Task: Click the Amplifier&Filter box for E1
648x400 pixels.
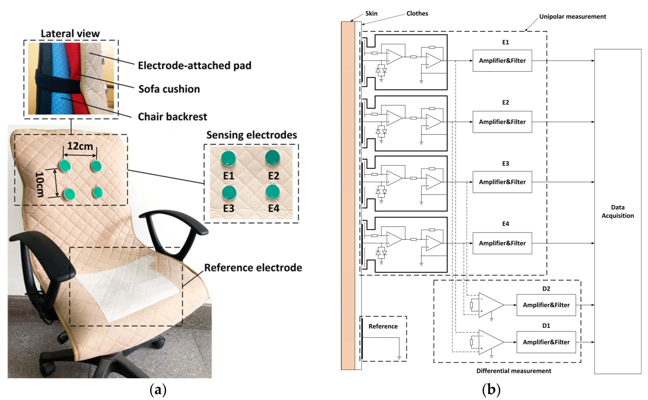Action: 502,61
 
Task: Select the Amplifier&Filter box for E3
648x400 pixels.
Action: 502,182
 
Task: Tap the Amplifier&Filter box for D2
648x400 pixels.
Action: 546,305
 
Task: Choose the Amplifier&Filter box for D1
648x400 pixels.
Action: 546,342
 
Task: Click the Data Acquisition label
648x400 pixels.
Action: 618,211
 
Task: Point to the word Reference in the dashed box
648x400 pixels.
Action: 383,326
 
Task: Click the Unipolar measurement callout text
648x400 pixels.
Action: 573,16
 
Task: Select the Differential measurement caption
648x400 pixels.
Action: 514,371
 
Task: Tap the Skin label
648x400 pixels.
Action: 371,13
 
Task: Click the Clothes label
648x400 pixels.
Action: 417,13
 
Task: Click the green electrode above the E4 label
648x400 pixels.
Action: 272,192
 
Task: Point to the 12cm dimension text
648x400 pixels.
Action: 80,146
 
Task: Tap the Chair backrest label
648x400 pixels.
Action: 172,116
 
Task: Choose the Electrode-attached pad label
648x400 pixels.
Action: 195,65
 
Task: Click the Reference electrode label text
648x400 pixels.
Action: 253,267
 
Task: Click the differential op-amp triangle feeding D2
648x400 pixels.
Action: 491,305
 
